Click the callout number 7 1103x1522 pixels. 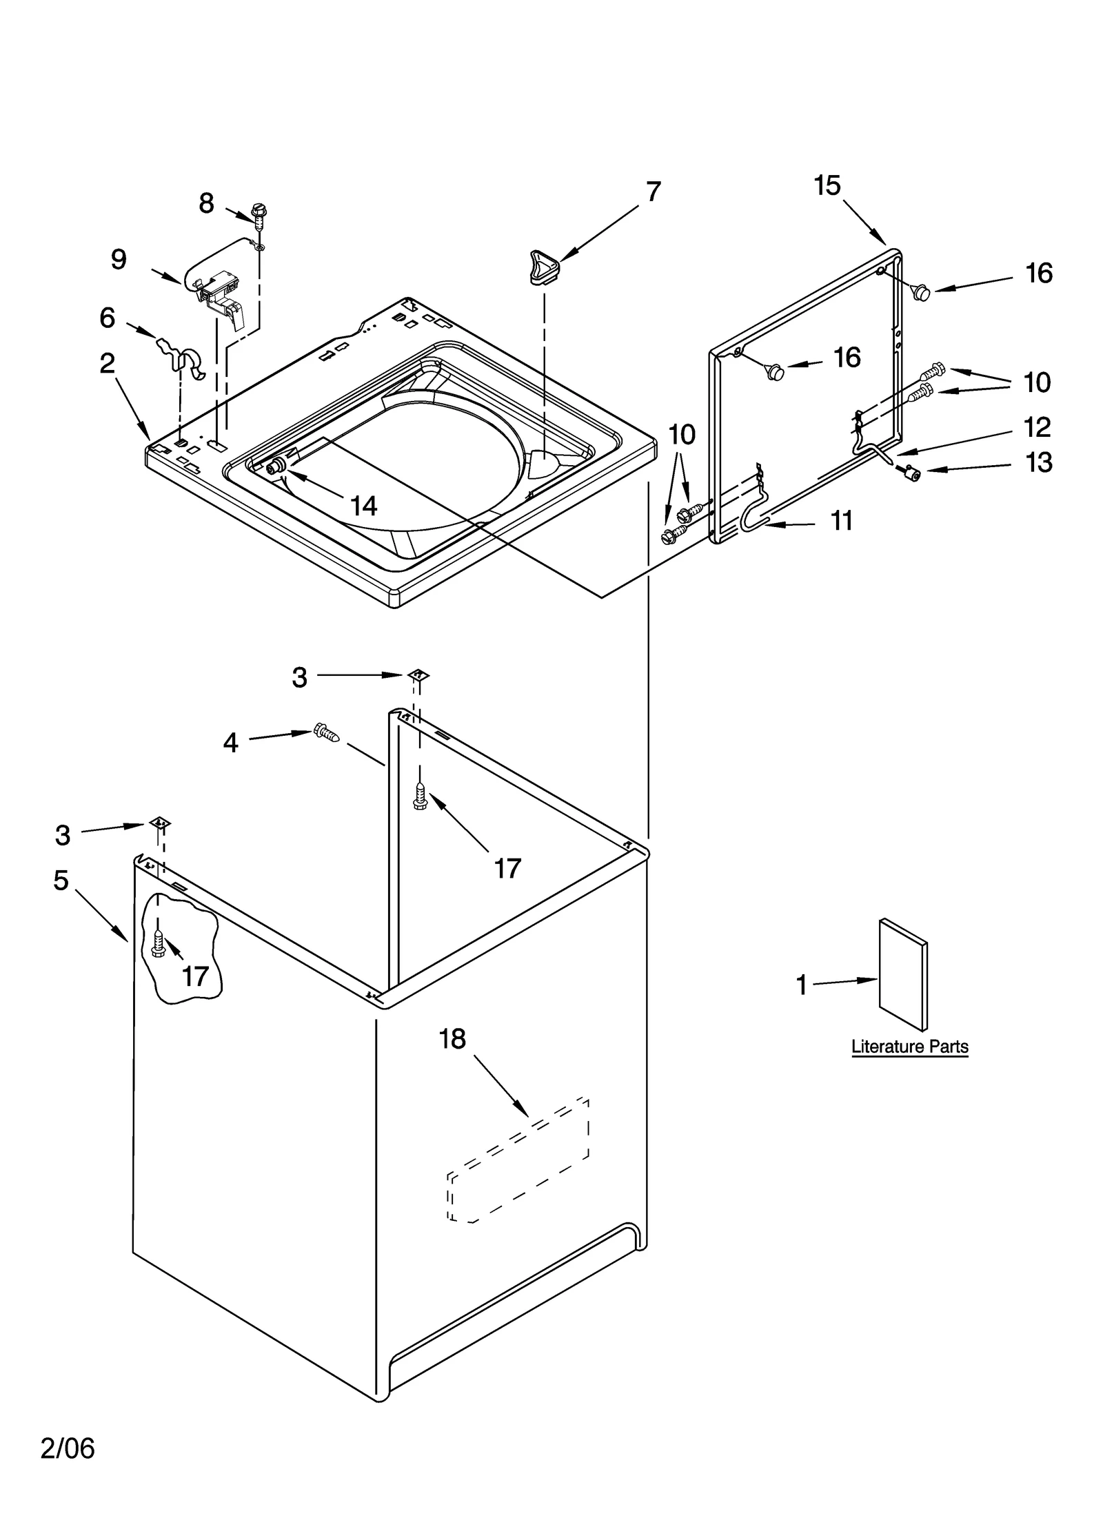point(653,192)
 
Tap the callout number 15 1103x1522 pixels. point(827,185)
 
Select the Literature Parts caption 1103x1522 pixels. point(909,1047)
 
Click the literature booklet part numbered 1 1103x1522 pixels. point(902,974)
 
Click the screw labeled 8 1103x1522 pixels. point(260,216)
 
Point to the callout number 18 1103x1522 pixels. point(453,1039)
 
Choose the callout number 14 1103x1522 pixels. point(363,506)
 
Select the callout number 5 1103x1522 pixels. point(61,880)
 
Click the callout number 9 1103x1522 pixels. point(119,260)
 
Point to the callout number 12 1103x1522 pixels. point(1036,428)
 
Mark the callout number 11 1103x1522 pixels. point(841,521)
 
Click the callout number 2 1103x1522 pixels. point(107,363)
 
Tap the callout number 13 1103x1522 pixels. point(1038,462)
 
